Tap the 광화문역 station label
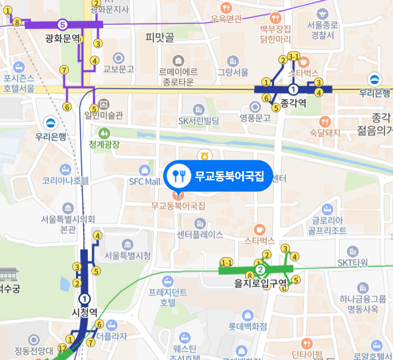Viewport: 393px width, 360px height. pos(62,37)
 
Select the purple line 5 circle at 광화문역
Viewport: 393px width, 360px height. pos(62,24)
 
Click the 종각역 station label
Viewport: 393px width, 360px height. pos(293,103)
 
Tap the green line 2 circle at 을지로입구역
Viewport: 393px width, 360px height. pos(261,269)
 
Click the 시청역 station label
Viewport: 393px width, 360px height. pos(85,313)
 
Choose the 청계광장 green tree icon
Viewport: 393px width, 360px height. pos(104,133)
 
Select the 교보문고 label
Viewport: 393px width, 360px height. pos(118,69)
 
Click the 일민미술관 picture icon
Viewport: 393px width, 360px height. pos(104,104)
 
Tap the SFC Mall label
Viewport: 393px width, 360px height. pos(145,181)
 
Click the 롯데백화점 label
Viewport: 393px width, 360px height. pos(247,326)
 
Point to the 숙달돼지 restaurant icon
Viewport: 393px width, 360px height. pos(324,121)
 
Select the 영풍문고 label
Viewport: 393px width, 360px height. pos(255,118)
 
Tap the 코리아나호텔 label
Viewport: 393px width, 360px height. pos(66,180)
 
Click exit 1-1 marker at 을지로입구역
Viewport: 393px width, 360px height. pos(227,262)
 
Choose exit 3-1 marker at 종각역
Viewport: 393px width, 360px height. pos(294,57)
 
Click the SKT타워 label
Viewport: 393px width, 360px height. pos(353,262)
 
